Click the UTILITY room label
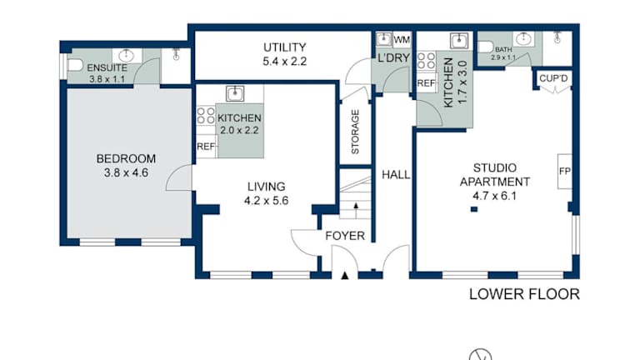tap(284, 47)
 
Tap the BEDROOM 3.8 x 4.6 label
tap(126, 165)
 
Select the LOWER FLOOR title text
tap(524, 294)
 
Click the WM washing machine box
tap(402, 40)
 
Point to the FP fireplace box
tap(564, 172)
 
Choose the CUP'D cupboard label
tap(553, 78)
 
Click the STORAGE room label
tap(355, 132)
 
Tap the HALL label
tap(396, 175)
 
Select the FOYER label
tap(345, 236)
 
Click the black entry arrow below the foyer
tap(345, 276)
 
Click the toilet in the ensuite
tap(75, 65)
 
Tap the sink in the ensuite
tap(126, 56)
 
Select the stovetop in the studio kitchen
tap(426, 60)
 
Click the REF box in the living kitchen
tap(206, 147)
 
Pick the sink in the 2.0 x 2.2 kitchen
tap(235, 93)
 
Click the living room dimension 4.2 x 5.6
tap(266, 201)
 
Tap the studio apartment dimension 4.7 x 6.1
tap(495, 196)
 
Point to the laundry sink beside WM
tap(383, 39)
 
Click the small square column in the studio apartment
tap(474, 209)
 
